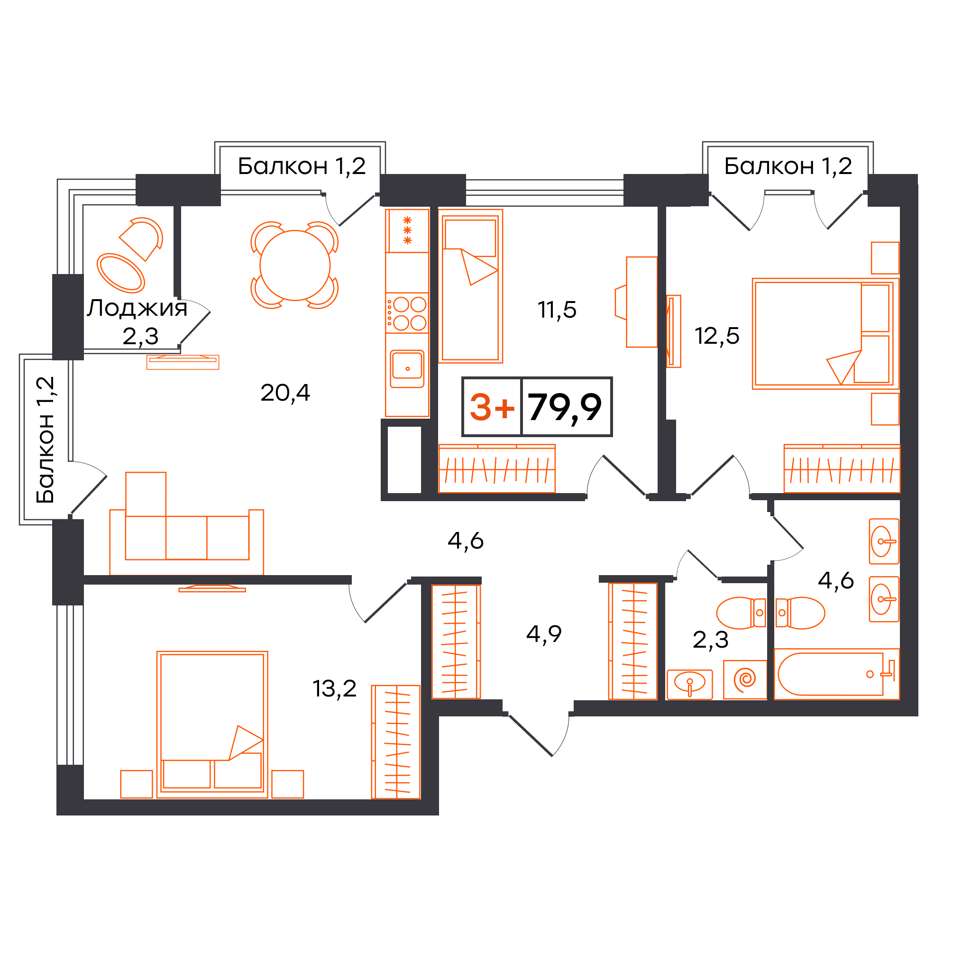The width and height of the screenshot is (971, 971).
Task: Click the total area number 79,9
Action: point(564,407)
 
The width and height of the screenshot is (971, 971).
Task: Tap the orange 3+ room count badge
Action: point(492,407)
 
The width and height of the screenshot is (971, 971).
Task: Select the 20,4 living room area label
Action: point(285,393)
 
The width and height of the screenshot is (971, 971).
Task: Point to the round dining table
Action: point(295,266)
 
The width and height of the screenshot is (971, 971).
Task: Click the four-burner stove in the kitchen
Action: point(407,313)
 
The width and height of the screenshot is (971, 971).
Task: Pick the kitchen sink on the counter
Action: point(407,369)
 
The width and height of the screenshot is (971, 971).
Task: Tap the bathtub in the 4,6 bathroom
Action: point(836,674)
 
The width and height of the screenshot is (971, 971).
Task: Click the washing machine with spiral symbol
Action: point(745,679)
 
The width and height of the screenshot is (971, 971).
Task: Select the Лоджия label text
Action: point(137,308)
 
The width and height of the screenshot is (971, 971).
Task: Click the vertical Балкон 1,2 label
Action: point(45,440)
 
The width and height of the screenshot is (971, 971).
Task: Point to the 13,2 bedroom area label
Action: point(334,688)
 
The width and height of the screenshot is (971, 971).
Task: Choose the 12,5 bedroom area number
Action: point(717,336)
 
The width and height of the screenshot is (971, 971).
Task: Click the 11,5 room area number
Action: point(557,310)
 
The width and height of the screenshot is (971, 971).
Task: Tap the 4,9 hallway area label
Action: point(544,634)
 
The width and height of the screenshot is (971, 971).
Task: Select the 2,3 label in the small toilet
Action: point(710,640)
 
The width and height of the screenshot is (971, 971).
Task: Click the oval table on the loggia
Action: point(120,273)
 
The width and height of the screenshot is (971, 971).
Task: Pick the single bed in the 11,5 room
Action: point(470,286)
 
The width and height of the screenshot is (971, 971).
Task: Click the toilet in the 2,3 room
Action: point(741,613)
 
